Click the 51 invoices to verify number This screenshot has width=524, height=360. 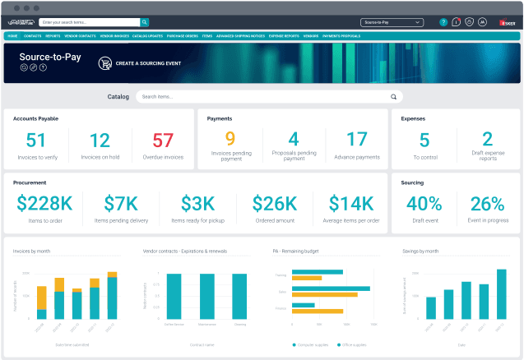click(36, 141)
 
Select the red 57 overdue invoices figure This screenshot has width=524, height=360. click(163, 141)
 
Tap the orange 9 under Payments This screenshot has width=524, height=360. click(230, 140)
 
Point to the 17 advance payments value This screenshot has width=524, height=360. click(356, 140)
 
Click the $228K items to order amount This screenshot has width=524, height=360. click(44, 204)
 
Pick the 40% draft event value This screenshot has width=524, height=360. click(424, 204)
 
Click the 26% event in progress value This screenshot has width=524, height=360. click(487, 204)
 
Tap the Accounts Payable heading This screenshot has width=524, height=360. click(35, 118)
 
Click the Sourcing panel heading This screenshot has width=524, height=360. click(412, 182)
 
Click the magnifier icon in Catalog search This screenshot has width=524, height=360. click(393, 97)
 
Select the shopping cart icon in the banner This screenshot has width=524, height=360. click(105, 62)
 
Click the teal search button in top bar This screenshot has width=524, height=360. click(144, 22)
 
